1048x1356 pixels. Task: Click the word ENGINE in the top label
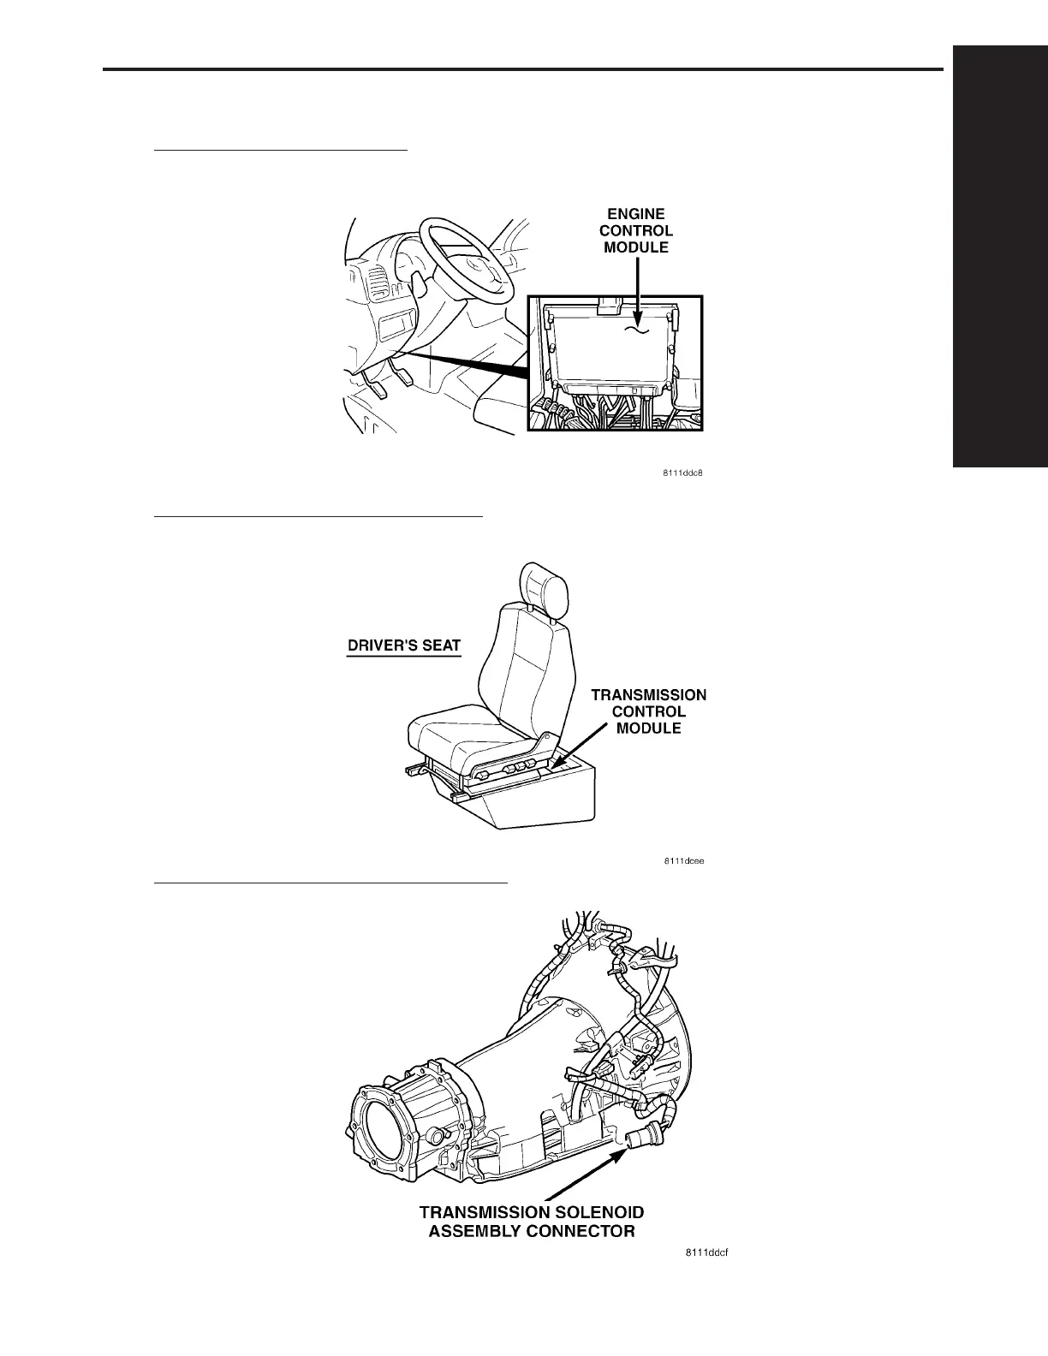(636, 214)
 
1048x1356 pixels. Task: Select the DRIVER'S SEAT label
(403, 645)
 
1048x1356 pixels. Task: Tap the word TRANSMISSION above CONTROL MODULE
(649, 695)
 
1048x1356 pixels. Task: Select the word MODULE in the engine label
(636, 247)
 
